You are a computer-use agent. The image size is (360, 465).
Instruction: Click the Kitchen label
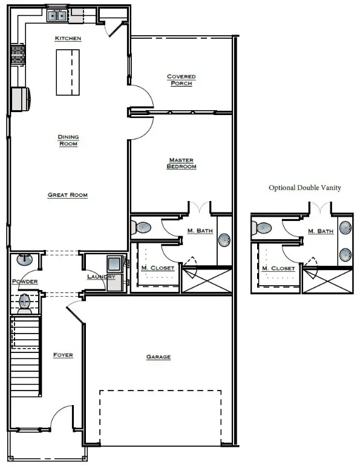click(68, 38)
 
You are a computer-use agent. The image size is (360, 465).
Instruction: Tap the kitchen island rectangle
click(68, 72)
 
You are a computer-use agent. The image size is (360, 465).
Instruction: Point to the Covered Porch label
click(182, 80)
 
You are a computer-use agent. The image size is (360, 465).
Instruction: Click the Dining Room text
click(68, 140)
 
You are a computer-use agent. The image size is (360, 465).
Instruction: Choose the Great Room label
click(68, 195)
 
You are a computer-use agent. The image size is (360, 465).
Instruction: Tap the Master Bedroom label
click(182, 163)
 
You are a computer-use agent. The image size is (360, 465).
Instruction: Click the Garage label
click(158, 357)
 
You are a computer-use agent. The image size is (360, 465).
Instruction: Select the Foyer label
click(63, 355)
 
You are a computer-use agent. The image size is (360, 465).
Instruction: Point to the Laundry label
click(100, 277)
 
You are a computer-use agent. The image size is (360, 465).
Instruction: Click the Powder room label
click(24, 282)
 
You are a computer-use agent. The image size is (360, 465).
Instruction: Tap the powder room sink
click(24, 260)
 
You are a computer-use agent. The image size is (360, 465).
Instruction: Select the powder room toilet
click(25, 302)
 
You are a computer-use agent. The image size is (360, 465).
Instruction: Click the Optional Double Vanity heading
click(305, 188)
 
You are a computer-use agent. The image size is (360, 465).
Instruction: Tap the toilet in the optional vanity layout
click(263, 228)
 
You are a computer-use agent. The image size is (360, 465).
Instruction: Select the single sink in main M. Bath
click(224, 240)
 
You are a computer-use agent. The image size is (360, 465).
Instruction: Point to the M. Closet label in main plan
click(158, 268)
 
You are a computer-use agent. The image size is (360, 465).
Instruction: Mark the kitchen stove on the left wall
click(18, 56)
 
